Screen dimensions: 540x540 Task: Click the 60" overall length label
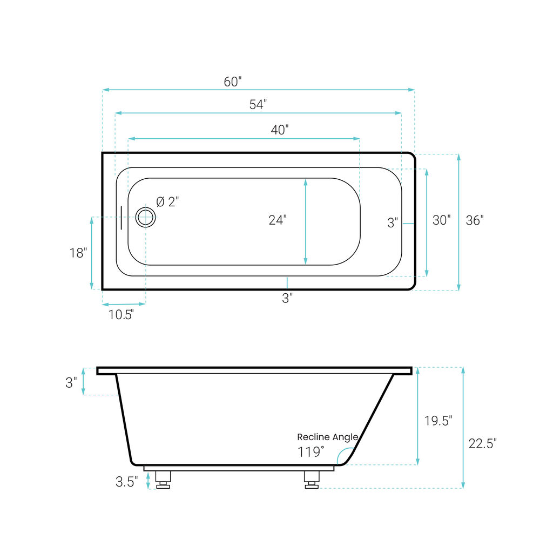(233, 82)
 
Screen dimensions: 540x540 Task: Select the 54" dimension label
(258, 104)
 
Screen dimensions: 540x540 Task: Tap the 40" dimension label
(280, 130)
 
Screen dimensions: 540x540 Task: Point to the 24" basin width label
(278, 220)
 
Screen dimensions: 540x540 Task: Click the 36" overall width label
(475, 220)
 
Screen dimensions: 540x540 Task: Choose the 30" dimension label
(442, 220)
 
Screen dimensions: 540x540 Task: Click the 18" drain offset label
(78, 253)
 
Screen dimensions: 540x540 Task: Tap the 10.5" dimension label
(121, 315)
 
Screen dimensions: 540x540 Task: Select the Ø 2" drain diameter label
(168, 202)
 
